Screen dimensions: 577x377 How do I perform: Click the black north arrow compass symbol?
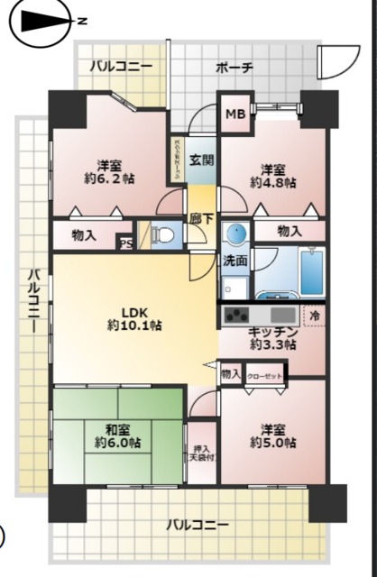pos(41,21)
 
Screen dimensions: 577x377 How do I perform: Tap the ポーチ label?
pos(234,68)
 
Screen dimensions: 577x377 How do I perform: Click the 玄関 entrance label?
pos(202,161)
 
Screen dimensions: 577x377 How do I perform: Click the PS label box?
pos(125,242)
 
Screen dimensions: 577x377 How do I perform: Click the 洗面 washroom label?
pos(235,261)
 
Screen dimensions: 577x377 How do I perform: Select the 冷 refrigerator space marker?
pos(315,316)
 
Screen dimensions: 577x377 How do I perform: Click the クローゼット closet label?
pos(264,373)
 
